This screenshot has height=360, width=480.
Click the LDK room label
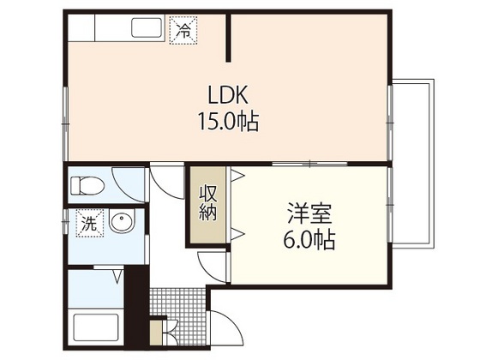coord(227,93)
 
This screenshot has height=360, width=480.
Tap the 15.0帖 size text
coord(227,121)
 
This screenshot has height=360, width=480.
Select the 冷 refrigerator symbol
coord(183,31)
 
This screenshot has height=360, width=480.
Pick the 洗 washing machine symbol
coord(88,225)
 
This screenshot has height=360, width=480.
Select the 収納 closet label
coord(207,204)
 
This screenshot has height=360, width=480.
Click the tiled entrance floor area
coord(178,303)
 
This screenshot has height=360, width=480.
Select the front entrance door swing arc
coord(221,329)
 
